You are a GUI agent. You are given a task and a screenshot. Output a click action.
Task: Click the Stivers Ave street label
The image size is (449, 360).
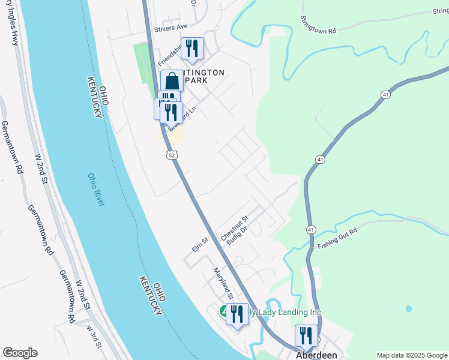pos(171,28)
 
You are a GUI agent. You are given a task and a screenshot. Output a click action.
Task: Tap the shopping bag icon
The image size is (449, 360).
pos(172,81)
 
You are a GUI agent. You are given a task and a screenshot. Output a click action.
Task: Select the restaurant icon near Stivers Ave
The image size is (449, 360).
pos(192,49)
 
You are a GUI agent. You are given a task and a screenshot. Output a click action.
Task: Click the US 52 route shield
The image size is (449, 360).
pos(172,155)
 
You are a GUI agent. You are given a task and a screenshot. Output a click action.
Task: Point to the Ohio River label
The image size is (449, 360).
pos(95,190)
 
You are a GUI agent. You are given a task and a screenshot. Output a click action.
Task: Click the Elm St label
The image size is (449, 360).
pos(200,243)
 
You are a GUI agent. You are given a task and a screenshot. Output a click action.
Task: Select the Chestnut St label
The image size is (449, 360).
pos(235,229)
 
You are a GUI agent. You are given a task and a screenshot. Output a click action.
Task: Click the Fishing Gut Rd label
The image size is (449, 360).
pos(338,238)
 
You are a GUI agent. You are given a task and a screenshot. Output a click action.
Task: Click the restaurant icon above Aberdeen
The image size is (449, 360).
pos(306,337)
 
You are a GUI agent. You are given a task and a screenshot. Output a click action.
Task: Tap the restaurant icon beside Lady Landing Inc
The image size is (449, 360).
pos(237,314)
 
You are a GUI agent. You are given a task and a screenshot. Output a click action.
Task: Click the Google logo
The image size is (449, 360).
pos(20,353)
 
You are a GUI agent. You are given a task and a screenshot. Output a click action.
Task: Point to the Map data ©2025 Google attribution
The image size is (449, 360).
pos(412,355)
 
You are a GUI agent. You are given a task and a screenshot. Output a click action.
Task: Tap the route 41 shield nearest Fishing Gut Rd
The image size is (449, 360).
pos(310,230)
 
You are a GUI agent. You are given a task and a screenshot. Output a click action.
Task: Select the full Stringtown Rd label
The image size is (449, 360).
pos(318,24)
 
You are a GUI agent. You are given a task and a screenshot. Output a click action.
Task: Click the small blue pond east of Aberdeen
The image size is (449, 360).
pos(408,309)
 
